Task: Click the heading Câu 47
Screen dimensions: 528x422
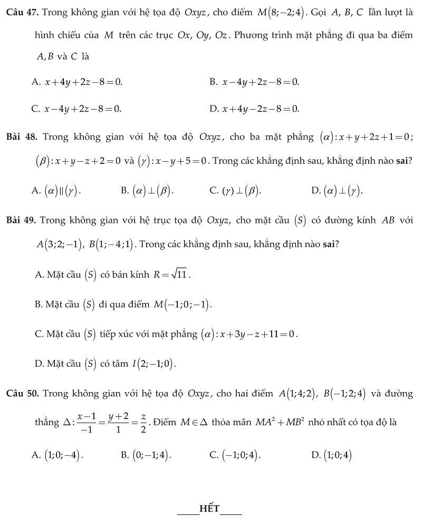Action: [22, 11]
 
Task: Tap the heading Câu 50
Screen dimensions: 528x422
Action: [22, 394]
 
